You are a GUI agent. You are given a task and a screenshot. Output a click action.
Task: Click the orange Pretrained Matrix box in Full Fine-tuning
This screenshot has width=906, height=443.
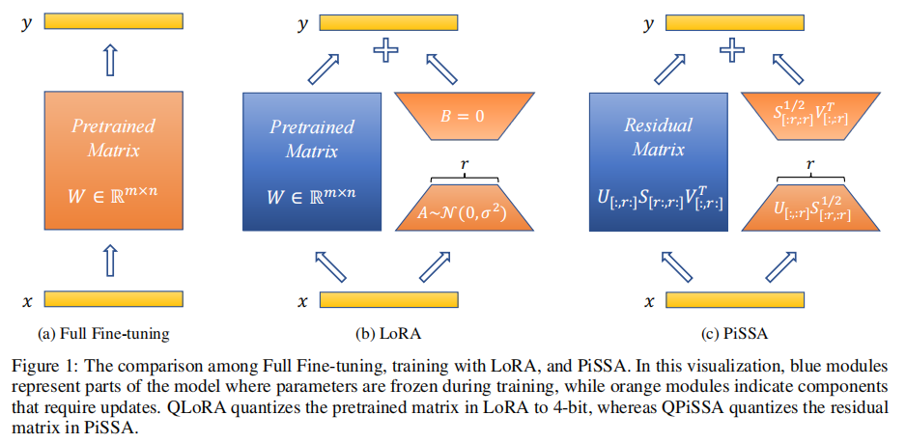tap(114, 161)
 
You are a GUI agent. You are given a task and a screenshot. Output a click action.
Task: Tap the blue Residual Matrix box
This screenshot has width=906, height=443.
tap(658, 161)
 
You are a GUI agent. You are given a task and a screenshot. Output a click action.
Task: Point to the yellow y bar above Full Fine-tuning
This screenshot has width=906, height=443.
tap(114, 21)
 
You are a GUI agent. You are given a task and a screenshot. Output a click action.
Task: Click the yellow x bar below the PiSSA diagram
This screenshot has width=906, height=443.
tap(736, 300)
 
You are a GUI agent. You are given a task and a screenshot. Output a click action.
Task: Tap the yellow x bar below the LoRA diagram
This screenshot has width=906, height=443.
tap(388, 300)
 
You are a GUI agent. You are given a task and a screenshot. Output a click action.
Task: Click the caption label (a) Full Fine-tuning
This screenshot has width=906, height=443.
tap(103, 334)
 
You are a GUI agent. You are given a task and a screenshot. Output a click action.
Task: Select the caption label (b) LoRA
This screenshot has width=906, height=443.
tap(388, 334)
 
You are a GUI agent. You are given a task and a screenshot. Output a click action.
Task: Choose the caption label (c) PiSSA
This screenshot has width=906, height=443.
tap(735, 334)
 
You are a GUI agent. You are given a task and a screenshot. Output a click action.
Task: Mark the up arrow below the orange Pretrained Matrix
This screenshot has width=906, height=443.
tap(114, 260)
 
